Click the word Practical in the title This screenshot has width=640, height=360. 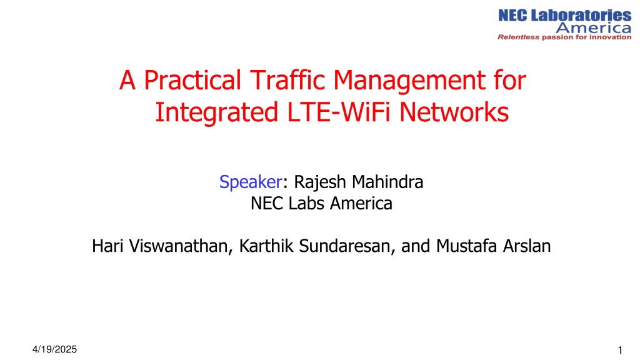coord(192,80)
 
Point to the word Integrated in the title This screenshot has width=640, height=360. coord(216,112)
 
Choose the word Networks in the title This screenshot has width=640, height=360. coord(454,112)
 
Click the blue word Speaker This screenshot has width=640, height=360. coord(251,182)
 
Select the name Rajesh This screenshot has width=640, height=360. coord(320,182)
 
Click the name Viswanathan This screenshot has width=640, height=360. coord(181,246)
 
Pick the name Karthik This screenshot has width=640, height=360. coord(266,246)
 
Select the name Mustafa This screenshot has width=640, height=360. coord(466,246)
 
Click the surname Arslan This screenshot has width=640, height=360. coord(527,246)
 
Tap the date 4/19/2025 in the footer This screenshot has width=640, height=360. coord(55,349)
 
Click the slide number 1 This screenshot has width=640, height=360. coord(620,350)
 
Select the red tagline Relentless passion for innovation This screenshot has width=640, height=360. coord(564,37)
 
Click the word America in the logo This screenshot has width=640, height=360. coord(594,27)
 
